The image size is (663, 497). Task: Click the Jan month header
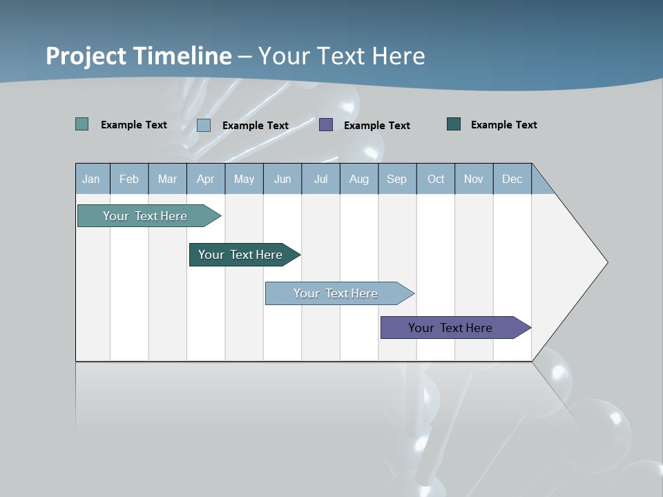(x=91, y=179)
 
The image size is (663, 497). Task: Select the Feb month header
(x=129, y=179)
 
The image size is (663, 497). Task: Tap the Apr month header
(x=205, y=179)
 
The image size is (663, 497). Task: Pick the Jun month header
(x=282, y=179)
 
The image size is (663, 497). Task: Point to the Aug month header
(x=358, y=179)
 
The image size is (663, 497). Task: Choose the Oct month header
(x=436, y=179)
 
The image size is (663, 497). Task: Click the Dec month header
(x=512, y=179)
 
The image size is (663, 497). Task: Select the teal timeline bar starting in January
(x=145, y=216)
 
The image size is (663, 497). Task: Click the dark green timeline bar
(x=240, y=255)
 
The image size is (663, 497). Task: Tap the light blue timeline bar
(x=336, y=293)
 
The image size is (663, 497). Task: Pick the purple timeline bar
(x=450, y=328)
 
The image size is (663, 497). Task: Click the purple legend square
(x=326, y=125)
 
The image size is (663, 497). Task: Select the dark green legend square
(x=454, y=124)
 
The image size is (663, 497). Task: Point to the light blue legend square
(x=204, y=125)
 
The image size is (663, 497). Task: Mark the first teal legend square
(x=82, y=124)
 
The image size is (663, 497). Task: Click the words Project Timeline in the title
(x=139, y=56)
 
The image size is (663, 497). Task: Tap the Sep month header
(x=396, y=179)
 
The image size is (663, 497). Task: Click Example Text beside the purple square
(x=376, y=126)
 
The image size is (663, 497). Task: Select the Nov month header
(x=473, y=179)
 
